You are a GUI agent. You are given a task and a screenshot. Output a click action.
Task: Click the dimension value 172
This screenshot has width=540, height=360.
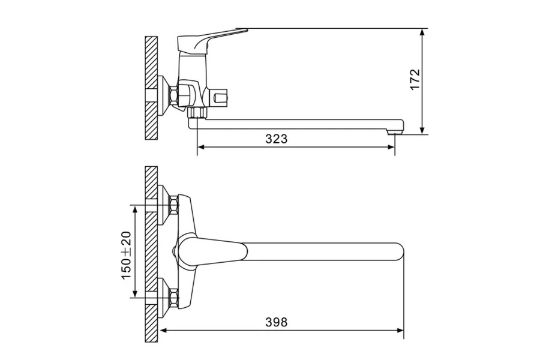click(x=415, y=80)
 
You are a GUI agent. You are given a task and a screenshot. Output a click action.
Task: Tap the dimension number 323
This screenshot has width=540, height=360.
click(x=276, y=139)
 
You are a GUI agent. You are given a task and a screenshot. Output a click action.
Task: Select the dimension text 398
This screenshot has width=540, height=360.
click(x=276, y=322)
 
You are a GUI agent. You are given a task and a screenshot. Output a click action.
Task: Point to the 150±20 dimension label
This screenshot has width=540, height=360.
click(x=126, y=256)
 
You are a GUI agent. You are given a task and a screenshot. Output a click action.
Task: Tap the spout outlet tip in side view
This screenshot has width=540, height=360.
click(x=395, y=131)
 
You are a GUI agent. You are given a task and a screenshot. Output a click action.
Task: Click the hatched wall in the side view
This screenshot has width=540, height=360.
click(x=151, y=88)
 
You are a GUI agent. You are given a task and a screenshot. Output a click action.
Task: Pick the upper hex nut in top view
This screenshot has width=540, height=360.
click(x=174, y=205)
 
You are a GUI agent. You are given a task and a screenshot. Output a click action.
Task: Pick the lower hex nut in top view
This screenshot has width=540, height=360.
click(x=174, y=298)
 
